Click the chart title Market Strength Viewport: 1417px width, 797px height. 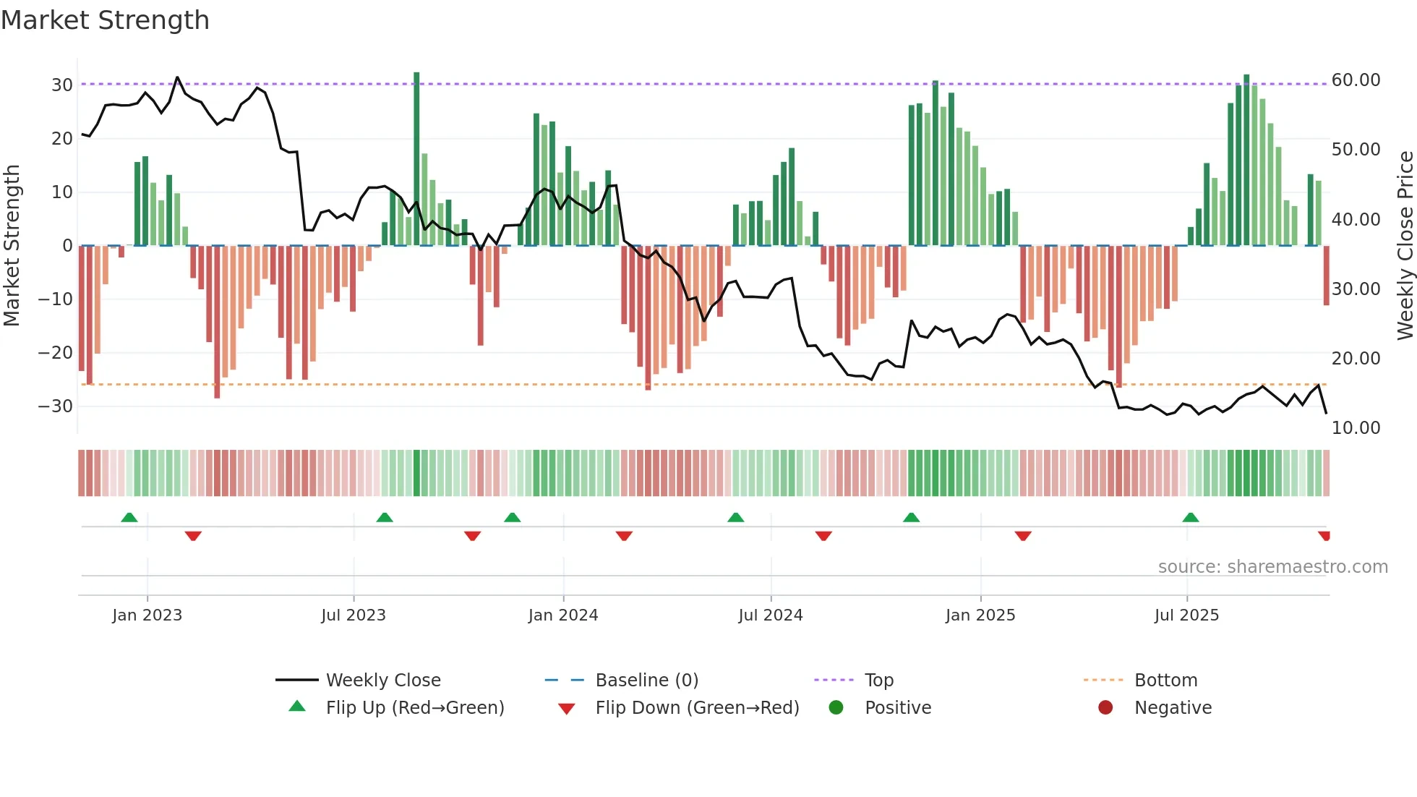click(105, 20)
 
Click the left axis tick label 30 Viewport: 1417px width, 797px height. click(62, 85)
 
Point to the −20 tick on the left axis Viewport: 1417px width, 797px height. click(56, 353)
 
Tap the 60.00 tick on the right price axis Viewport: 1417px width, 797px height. click(1356, 80)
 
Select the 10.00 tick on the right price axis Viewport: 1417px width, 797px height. click(1356, 428)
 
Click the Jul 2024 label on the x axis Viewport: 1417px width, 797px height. click(770, 615)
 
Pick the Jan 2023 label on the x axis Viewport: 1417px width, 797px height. click(147, 615)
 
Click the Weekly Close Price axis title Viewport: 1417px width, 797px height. click(1405, 246)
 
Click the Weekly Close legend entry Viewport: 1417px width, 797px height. click(382, 681)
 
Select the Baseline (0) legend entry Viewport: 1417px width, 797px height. click(646, 681)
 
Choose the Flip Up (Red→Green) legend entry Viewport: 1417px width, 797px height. click(414, 708)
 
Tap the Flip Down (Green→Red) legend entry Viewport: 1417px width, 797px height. click(697, 708)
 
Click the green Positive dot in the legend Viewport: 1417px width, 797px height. click(836, 708)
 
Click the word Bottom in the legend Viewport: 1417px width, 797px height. click(1165, 681)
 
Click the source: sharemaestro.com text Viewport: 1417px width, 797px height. click(1272, 567)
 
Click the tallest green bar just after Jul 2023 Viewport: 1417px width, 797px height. click(416, 159)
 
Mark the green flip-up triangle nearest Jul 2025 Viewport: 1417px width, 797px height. click(1190, 518)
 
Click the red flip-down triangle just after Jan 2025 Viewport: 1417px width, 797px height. click(1022, 536)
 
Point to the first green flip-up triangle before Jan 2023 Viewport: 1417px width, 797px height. click(129, 518)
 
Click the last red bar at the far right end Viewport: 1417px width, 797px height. click(1326, 275)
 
